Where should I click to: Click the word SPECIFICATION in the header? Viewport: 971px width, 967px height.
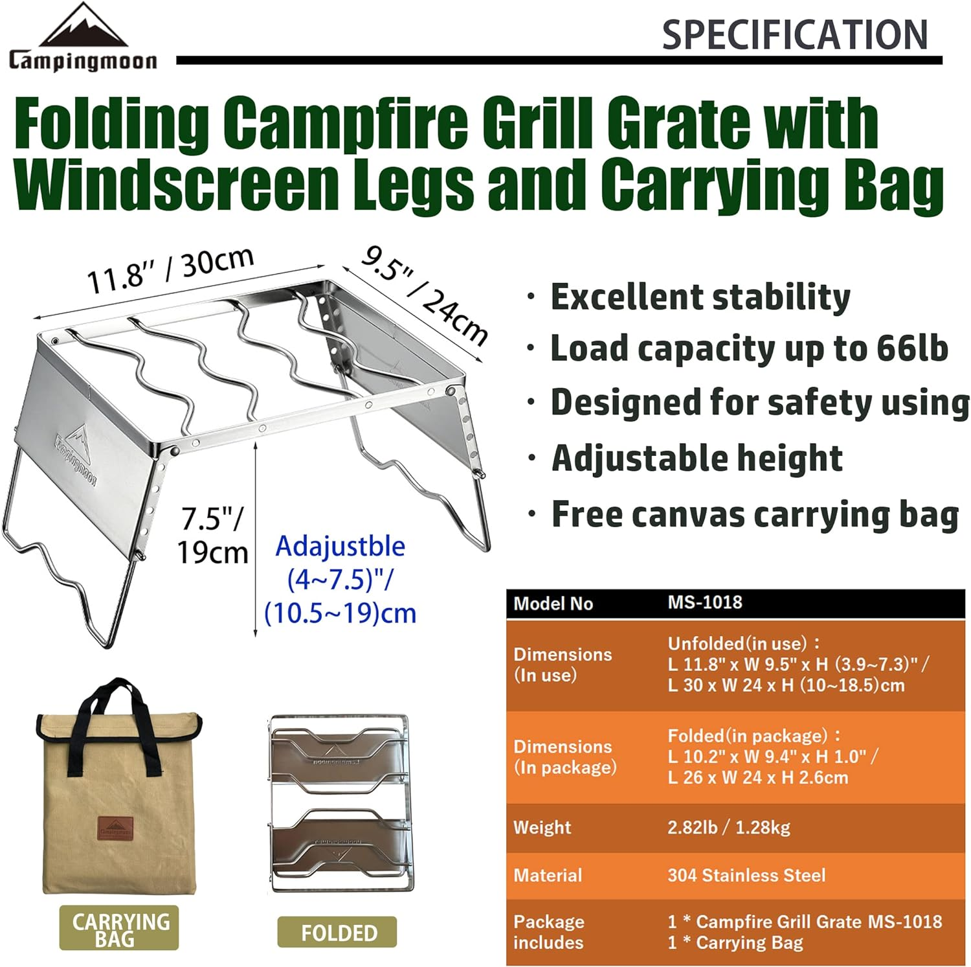coord(794,35)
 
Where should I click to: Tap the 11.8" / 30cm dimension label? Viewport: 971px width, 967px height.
coord(170,271)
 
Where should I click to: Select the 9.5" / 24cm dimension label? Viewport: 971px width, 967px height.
coord(424,295)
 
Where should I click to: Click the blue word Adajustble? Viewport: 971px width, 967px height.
coord(340,547)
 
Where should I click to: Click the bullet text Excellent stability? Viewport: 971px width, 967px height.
coord(700,297)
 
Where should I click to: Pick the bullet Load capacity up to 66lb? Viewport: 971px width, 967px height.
coord(749,349)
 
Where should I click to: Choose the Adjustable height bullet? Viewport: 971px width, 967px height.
coord(697,459)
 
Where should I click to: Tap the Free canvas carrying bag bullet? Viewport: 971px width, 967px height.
coord(755,515)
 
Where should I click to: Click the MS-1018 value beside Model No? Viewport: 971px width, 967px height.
coord(705,602)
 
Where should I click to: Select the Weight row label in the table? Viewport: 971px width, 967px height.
coord(542,827)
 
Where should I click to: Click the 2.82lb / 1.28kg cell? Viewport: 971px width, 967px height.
coord(729,827)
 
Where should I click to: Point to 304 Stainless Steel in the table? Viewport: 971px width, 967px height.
coord(746,876)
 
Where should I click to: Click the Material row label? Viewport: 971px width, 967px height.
coord(548,876)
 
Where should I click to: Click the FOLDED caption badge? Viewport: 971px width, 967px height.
coord(338,933)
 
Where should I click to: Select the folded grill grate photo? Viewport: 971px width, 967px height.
coord(340,803)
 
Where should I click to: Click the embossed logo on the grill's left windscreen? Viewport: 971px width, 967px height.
coord(77,453)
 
